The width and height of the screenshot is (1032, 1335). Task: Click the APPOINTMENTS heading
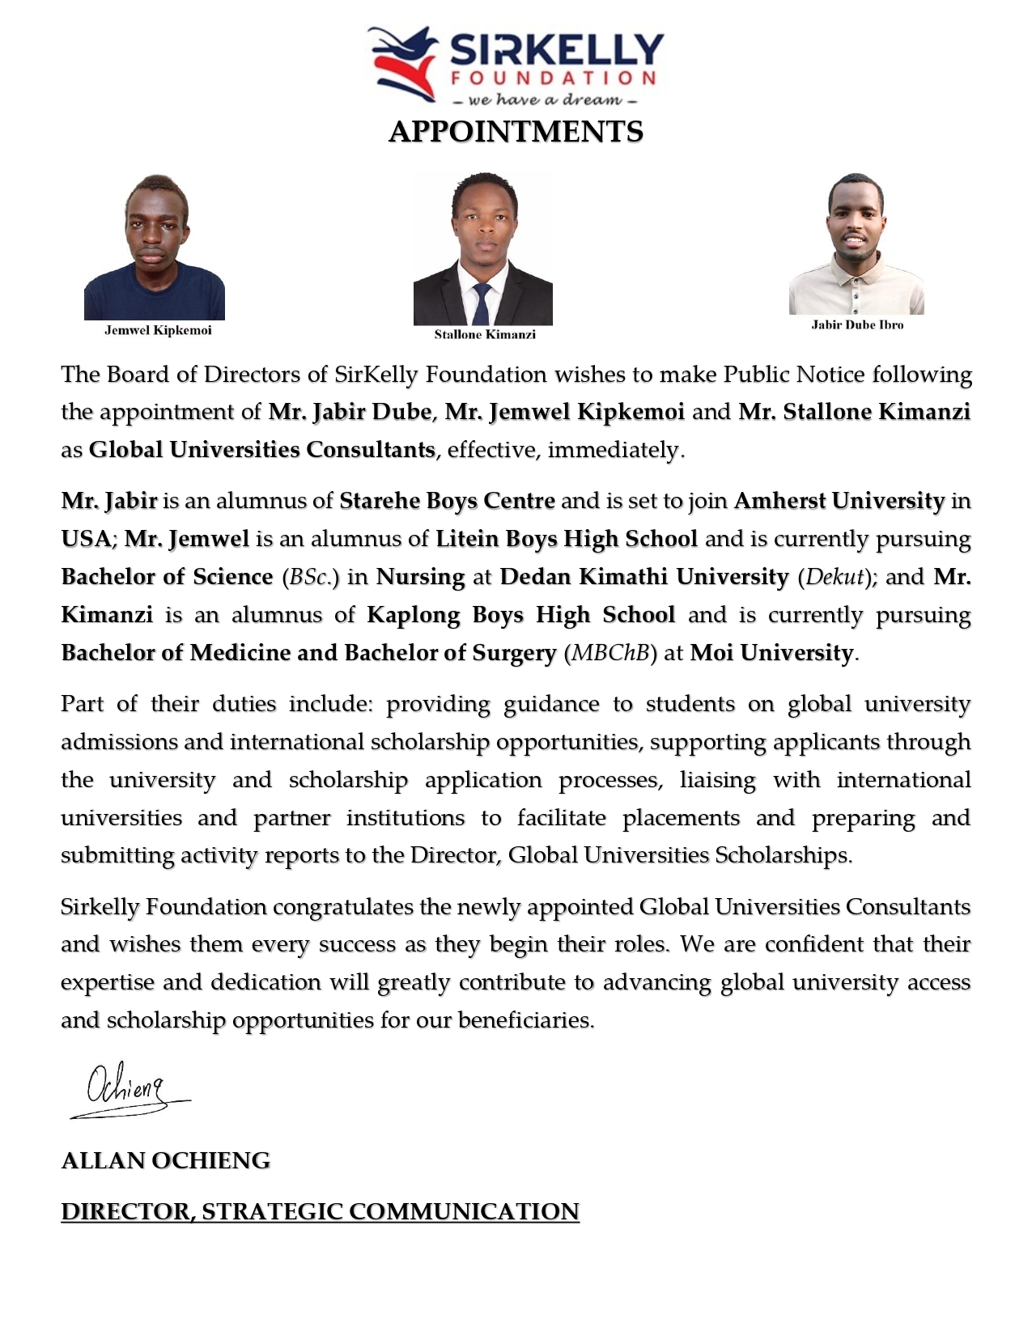[516, 132]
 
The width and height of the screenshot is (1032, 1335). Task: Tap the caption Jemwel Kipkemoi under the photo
[158, 330]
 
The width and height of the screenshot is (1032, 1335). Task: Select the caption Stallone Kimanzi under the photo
[485, 334]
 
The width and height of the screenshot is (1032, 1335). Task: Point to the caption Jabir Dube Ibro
[857, 324]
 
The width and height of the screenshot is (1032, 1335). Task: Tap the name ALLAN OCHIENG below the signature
[166, 1160]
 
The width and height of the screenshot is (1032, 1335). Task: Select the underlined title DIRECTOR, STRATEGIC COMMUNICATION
[321, 1211]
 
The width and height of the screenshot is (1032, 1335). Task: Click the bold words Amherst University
[839, 501]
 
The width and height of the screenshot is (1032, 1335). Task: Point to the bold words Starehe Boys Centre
[447, 501]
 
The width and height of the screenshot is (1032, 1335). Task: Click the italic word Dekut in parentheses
[836, 577]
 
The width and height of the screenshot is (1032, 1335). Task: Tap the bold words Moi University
[771, 653]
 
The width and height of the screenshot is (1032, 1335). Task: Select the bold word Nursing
[421, 577]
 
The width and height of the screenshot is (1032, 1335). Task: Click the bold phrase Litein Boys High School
[567, 539]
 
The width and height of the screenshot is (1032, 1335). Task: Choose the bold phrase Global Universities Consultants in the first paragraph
[262, 450]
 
